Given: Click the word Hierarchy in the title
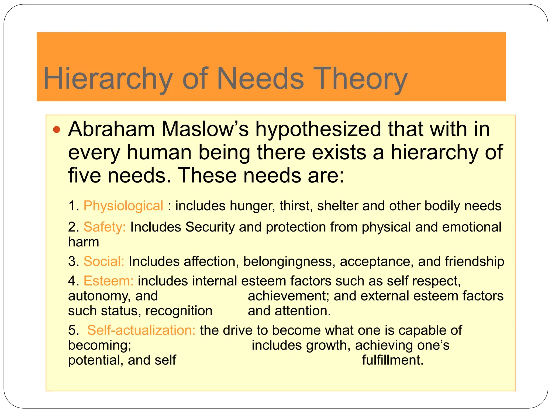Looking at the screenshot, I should click(108, 79).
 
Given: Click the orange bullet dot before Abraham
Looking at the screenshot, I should click(57, 130).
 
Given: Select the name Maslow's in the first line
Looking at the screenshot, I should click(205, 129).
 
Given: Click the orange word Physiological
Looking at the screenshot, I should click(123, 206).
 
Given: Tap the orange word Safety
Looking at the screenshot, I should click(105, 227).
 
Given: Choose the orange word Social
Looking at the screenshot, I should click(104, 261).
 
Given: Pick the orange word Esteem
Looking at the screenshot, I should click(109, 281).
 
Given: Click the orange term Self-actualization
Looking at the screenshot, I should click(141, 330).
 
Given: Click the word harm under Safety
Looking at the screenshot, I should click(84, 242).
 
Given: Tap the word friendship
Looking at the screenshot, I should click(474, 261).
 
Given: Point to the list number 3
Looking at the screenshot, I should click(73, 261).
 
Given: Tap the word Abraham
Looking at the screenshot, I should click(111, 129).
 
